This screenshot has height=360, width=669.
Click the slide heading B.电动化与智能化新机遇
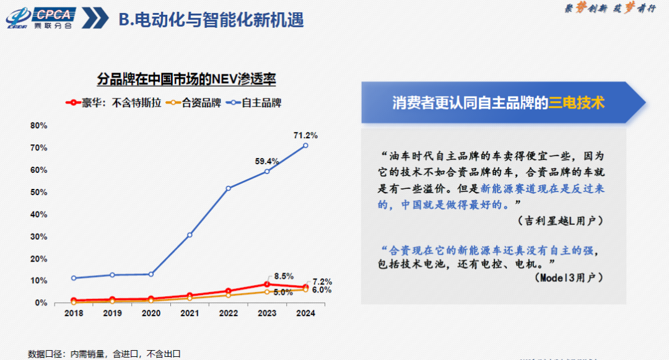(x=211, y=20)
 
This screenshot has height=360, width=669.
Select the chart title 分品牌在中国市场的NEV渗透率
(x=186, y=79)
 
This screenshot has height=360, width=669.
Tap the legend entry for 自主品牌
(x=255, y=103)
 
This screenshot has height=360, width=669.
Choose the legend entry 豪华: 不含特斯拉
(x=115, y=103)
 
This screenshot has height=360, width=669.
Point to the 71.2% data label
(x=305, y=135)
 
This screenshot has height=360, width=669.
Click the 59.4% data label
(x=267, y=161)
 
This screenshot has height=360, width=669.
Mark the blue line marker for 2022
(x=229, y=188)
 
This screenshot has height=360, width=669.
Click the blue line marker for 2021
(x=190, y=235)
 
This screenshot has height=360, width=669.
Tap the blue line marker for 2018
(x=74, y=278)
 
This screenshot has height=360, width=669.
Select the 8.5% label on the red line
(x=283, y=276)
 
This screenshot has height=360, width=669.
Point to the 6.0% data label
(x=321, y=290)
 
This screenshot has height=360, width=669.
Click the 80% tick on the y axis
(x=38, y=126)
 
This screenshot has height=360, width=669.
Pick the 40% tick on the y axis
(x=38, y=214)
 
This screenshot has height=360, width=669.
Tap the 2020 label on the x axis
(x=151, y=314)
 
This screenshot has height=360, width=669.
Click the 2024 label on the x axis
(x=305, y=314)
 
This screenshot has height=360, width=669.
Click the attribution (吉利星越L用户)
(x=560, y=221)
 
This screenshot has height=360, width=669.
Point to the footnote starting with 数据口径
(x=104, y=354)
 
